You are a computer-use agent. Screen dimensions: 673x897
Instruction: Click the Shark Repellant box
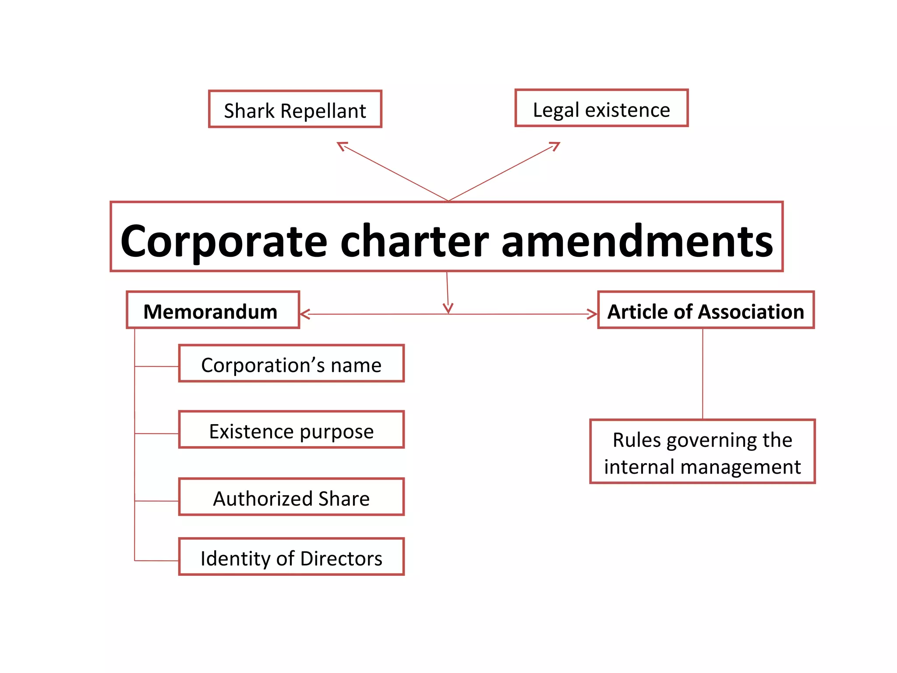click(x=295, y=110)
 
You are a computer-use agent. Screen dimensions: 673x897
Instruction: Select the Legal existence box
click(x=601, y=109)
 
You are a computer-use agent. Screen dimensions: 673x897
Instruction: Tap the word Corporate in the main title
click(x=223, y=241)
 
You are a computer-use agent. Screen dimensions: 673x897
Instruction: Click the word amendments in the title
click(x=637, y=241)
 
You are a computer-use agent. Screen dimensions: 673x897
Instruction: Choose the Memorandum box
click(x=213, y=310)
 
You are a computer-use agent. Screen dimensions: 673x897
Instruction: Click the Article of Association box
click(x=706, y=310)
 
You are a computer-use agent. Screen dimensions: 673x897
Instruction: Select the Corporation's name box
click(x=291, y=364)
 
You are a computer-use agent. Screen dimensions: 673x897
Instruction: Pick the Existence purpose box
click(x=291, y=430)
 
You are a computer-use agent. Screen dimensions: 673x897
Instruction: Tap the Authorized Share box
click(x=291, y=497)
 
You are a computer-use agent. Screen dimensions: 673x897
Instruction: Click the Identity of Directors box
click(x=291, y=557)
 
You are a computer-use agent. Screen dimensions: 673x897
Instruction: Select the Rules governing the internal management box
click(x=702, y=452)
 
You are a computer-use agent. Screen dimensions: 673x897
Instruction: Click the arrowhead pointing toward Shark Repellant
click(x=342, y=146)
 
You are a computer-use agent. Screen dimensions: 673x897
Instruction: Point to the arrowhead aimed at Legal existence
click(x=555, y=146)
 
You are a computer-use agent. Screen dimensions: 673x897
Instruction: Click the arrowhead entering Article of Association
click(x=592, y=314)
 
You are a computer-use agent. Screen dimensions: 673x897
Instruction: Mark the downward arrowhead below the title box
click(x=448, y=308)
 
